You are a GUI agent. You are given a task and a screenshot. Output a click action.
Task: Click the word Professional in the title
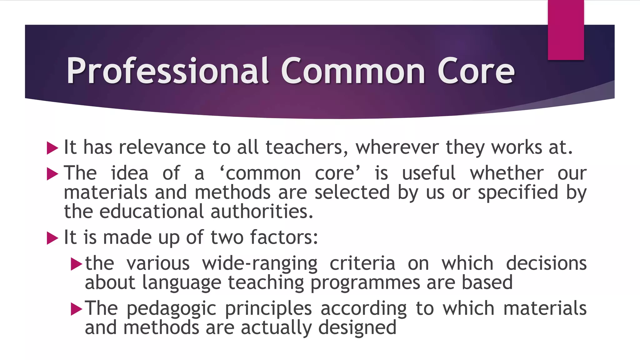[x=167, y=71]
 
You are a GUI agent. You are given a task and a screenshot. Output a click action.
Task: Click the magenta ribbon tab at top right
[x=566, y=30]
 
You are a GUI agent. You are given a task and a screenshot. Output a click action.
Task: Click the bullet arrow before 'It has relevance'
[x=52, y=148]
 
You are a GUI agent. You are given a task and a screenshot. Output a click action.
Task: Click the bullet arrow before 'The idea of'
[x=52, y=174]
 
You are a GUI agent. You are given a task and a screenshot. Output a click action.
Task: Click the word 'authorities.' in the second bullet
[x=262, y=212]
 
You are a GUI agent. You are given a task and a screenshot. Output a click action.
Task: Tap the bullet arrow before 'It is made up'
[x=52, y=238]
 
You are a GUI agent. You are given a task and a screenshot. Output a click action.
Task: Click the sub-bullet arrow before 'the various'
[x=76, y=264]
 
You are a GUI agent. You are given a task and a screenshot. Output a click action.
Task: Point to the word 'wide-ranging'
[x=260, y=263]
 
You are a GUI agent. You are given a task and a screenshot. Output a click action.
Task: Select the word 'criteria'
[x=362, y=263]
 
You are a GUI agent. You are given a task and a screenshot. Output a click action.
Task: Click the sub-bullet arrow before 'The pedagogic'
[x=76, y=309]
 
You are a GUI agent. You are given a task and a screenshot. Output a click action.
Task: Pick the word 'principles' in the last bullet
[x=268, y=308]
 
